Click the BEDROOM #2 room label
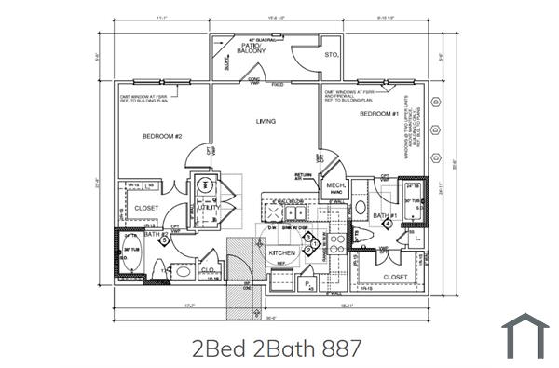point(162,138)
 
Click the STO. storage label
point(331,57)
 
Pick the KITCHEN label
point(282,253)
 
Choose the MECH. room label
point(335,186)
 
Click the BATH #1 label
point(386,215)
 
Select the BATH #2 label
point(155,235)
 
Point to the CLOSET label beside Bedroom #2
point(147,208)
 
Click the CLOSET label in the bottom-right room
point(396,277)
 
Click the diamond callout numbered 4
point(387,225)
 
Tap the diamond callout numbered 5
point(165,240)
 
